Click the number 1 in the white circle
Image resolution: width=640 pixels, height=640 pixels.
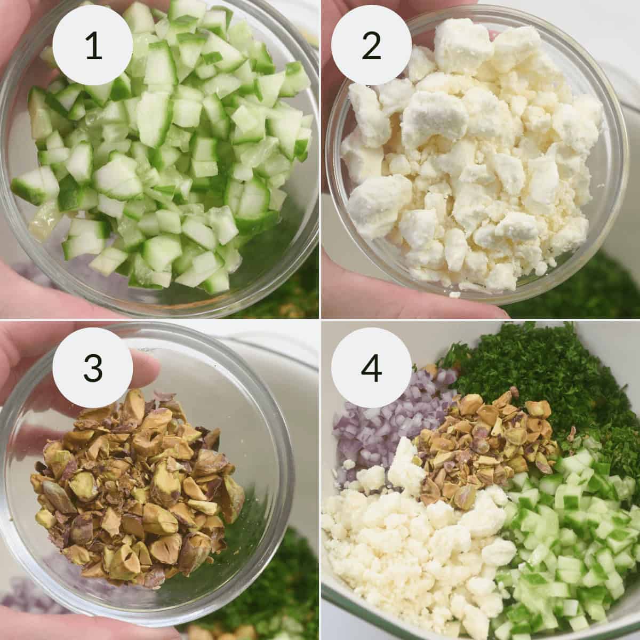coord(94,47)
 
